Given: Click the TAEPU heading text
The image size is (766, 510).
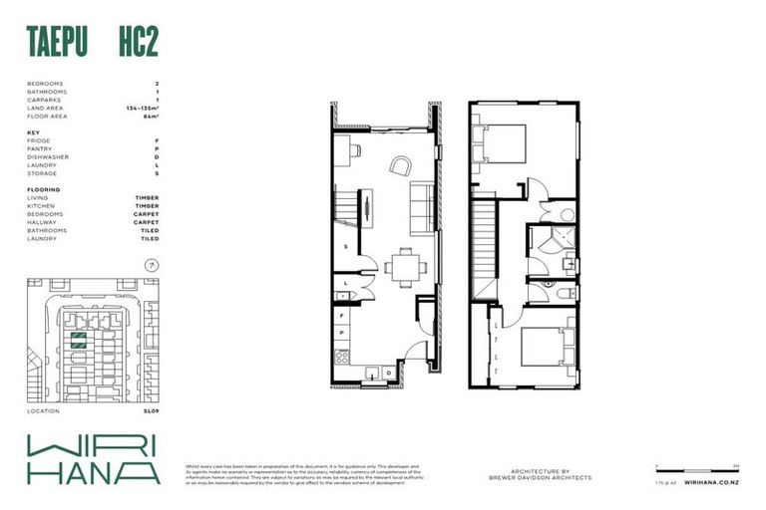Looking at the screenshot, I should pos(59,44).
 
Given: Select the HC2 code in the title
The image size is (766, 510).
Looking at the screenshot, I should pos(138,44).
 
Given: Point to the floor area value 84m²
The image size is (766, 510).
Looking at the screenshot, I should pos(151,117).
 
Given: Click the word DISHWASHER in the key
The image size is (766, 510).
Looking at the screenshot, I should pos(48,157).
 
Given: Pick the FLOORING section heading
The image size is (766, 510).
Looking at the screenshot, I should pos(43,189).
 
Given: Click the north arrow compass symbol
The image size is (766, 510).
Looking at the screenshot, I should pos(151,265).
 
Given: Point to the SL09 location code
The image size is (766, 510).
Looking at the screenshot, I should pos(151,410).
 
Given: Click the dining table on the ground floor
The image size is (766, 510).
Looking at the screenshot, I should pos(404,266).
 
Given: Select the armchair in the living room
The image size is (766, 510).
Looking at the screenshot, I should pos(399,166).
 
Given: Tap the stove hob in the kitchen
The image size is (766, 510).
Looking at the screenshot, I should pos(342,356).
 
